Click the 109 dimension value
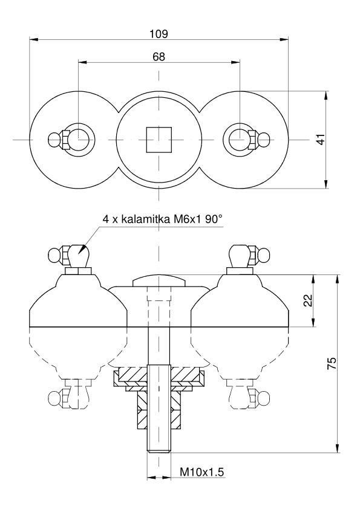point(159,34)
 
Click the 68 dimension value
point(159,57)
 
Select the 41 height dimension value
point(321,139)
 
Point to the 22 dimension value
point(308,300)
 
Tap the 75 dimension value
point(332,363)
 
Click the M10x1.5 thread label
point(202,472)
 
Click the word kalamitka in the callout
point(146,219)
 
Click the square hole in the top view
point(159,140)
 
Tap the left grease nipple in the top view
point(59,140)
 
